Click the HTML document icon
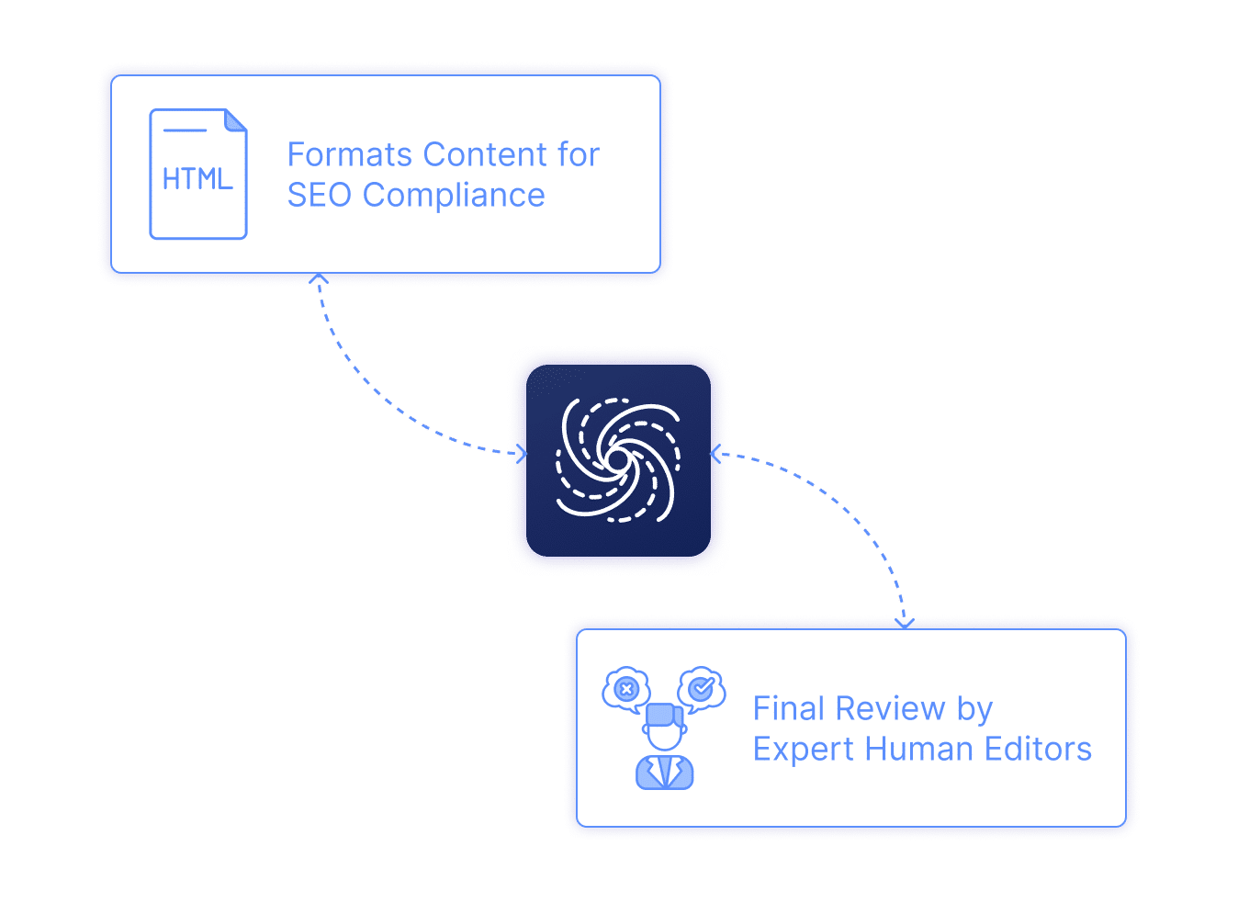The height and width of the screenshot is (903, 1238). pos(198,175)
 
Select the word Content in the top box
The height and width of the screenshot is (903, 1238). pos(485,155)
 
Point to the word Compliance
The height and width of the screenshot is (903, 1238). pos(454,196)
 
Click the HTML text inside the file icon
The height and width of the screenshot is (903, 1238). pos(197,178)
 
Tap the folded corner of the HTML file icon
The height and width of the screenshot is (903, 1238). pos(236,120)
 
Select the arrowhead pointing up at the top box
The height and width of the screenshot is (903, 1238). pos(319,278)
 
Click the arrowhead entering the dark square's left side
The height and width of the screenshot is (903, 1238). pos(522,453)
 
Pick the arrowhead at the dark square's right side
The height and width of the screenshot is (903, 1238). pos(716,454)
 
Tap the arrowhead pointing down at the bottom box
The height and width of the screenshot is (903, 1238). pos(905,623)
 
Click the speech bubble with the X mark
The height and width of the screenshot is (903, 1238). pos(626,689)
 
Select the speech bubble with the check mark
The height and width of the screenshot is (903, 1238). pos(702,687)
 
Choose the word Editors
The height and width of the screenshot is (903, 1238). pos(1038,750)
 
